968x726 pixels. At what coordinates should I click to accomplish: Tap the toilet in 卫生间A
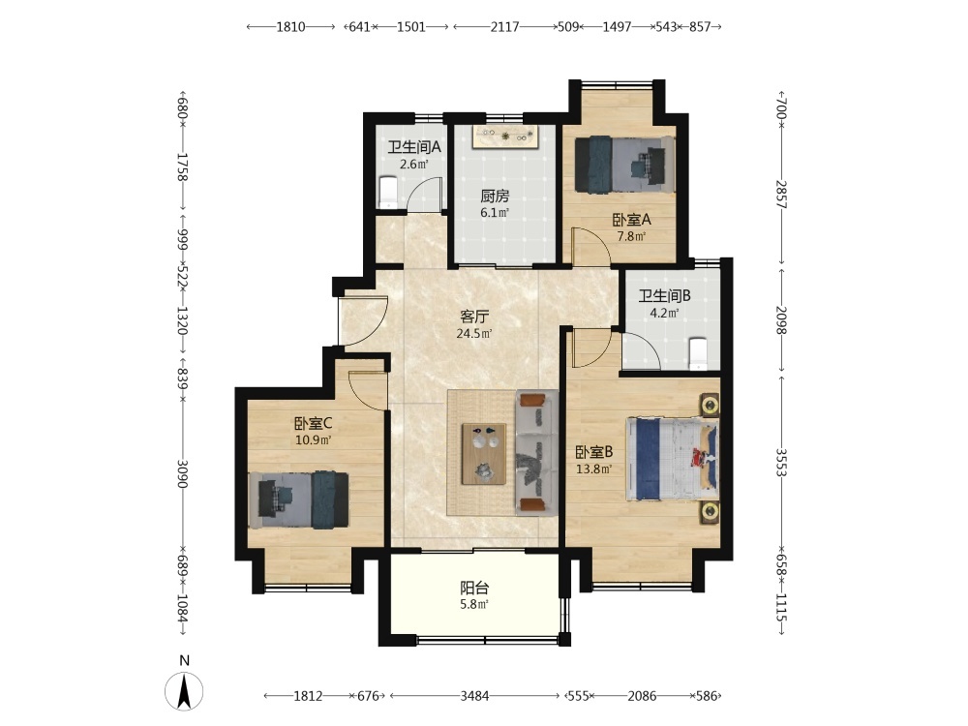[388, 192]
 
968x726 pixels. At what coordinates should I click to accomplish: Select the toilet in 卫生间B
[698, 353]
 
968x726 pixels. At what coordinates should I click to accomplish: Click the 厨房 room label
[495, 197]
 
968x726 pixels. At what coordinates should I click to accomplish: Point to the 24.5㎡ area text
[473, 334]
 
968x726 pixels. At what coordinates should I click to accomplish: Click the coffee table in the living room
[484, 454]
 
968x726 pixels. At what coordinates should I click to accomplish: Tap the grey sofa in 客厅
[536, 452]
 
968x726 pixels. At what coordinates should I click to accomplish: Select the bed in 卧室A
[624, 165]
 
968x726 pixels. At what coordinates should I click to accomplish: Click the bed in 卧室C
[299, 500]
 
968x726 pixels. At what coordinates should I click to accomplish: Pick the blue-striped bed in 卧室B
[673, 459]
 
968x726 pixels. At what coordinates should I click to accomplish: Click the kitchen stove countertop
[505, 137]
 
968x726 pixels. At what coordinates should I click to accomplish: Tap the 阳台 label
[474, 588]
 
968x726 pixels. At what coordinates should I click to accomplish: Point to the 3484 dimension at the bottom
[474, 696]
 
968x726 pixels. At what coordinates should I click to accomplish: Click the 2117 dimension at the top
[504, 26]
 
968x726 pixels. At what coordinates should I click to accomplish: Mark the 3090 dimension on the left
[182, 473]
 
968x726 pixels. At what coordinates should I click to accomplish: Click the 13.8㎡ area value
[594, 469]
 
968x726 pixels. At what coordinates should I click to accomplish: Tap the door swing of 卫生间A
[425, 194]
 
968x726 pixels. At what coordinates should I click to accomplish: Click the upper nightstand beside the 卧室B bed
[710, 406]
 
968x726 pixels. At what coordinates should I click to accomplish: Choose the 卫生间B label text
[664, 295]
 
